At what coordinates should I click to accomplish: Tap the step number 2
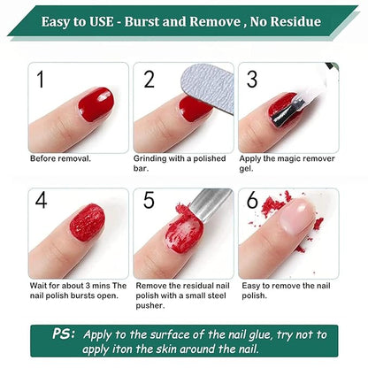(149, 79)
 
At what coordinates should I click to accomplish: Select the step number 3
(252, 79)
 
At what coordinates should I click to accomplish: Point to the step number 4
(41, 202)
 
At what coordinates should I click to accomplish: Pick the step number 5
(149, 202)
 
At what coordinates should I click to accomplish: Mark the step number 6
(252, 202)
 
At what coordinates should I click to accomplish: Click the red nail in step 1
(94, 105)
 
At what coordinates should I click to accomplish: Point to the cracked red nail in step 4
(87, 221)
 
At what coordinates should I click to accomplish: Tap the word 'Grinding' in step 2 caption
(149, 159)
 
